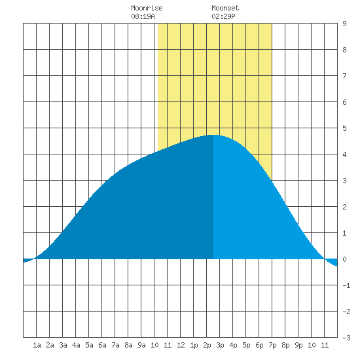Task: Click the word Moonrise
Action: [147, 8]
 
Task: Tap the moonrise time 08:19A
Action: [143, 16]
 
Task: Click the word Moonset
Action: [225, 8]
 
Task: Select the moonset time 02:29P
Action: [223, 16]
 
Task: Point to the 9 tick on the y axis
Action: [344, 24]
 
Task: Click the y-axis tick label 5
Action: [344, 128]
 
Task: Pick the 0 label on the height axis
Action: [344, 259]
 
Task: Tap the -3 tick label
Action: [346, 338]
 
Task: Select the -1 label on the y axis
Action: [346, 285]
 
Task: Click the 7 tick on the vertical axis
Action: [344, 76]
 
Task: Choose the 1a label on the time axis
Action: [37, 345]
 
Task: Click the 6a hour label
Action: [102, 345]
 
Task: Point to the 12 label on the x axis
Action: [181, 345]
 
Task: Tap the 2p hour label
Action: [207, 345]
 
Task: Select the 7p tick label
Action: [272, 345]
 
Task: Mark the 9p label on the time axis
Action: [298, 345]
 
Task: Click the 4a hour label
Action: [76, 345]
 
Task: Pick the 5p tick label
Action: [246, 345]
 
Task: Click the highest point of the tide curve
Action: [213, 135]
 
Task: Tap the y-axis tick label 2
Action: [344, 207]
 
